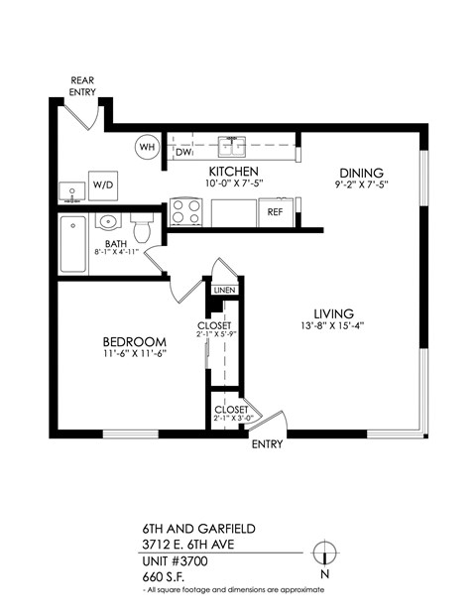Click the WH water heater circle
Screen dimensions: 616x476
pyautogui.click(x=148, y=148)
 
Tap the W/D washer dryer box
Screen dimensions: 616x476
pyautogui.click(x=103, y=185)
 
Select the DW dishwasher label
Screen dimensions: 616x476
pyautogui.click(x=183, y=153)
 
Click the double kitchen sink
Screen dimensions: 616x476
pyautogui.click(x=232, y=148)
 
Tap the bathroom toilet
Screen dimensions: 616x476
pyautogui.click(x=142, y=229)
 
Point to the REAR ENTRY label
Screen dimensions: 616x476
pyautogui.click(x=83, y=86)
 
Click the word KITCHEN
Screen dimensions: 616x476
pyautogui.click(x=234, y=172)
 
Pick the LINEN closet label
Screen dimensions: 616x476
pyautogui.click(x=223, y=290)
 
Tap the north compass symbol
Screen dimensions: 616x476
pyautogui.click(x=322, y=554)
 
